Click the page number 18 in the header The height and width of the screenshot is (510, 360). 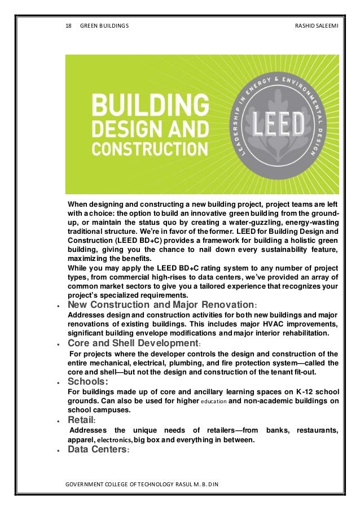click(69, 27)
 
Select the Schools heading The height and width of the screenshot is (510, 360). click(87, 381)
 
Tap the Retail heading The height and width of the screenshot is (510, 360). click(81, 420)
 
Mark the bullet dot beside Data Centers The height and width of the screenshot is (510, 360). click(59, 451)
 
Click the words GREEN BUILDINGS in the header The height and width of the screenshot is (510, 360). click(104, 27)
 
